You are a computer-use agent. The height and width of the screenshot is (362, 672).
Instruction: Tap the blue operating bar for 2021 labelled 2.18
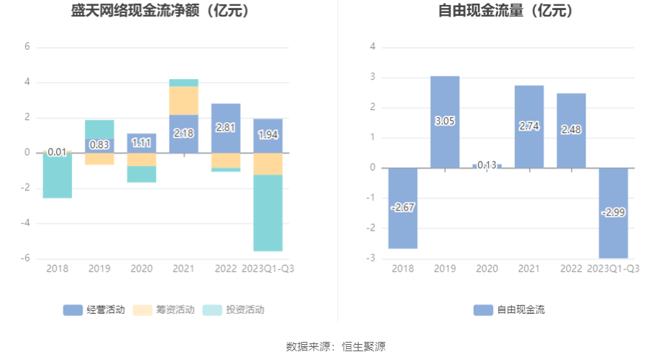[x=183, y=134]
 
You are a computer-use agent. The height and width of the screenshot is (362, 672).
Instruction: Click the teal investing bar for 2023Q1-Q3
[x=267, y=213]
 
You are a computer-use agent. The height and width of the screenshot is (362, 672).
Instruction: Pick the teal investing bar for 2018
[x=57, y=177]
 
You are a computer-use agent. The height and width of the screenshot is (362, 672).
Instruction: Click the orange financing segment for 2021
[x=183, y=101]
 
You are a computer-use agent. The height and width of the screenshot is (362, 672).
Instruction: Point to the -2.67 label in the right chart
[x=403, y=208]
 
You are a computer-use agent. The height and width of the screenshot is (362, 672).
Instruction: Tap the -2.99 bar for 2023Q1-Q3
[x=613, y=213]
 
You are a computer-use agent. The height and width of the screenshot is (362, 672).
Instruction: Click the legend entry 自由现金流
[x=510, y=310]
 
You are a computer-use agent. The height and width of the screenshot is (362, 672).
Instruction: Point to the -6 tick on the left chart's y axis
[x=26, y=259]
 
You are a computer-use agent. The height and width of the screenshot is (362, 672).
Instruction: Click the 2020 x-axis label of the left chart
[x=141, y=269]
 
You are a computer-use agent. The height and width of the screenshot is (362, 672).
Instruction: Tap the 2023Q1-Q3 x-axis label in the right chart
[x=613, y=269]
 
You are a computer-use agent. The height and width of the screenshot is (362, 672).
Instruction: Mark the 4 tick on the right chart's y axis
[x=373, y=47]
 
